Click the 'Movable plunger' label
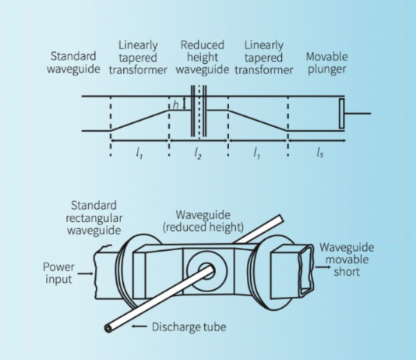click(326, 63)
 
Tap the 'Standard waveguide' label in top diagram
click(73, 62)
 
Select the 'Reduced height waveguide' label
click(203, 58)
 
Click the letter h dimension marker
click(175, 105)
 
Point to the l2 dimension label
click(198, 154)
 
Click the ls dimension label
click(320, 153)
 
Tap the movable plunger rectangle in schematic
click(342, 114)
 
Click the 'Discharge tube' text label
click(189, 326)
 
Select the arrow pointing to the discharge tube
click(139, 326)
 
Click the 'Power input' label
click(58, 273)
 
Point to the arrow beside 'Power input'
click(86, 274)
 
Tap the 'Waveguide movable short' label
click(347, 259)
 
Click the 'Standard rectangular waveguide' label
click(94, 218)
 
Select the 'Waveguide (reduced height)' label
click(203, 221)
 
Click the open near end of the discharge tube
click(108, 328)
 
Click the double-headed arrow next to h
click(185, 104)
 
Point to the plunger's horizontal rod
click(358, 113)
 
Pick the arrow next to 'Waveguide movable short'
click(323, 266)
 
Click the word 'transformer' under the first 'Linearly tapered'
click(138, 70)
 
